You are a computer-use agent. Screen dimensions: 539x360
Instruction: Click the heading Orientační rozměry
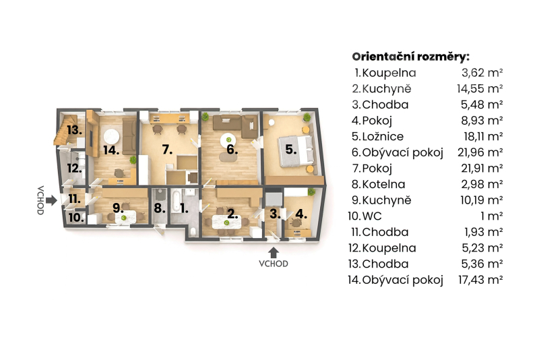410,57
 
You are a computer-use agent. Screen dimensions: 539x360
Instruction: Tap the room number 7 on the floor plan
167,150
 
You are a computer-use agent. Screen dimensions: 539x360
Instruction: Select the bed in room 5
296,151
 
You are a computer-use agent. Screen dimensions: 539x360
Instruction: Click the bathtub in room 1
176,200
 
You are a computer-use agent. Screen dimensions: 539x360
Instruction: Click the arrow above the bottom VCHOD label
274,253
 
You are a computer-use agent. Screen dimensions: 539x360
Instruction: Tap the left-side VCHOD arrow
51,200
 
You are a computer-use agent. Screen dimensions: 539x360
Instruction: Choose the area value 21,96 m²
480,152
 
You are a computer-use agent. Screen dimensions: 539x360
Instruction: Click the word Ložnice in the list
383,136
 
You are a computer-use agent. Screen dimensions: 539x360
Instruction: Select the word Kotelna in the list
383,184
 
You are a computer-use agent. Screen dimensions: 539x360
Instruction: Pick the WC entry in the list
372,216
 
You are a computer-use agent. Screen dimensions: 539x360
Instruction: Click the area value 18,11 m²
483,136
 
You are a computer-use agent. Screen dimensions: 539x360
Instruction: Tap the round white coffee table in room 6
228,140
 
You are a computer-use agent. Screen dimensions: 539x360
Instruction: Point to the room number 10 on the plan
76,217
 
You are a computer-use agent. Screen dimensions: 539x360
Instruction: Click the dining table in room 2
226,222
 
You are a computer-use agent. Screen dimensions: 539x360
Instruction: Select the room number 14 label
111,150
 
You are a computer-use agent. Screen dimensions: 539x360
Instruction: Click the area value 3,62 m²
482,73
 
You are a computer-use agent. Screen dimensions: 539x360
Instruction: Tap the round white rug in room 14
111,137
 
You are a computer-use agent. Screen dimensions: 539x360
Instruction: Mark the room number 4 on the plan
301,214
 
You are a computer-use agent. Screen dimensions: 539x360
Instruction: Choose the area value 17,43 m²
480,280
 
